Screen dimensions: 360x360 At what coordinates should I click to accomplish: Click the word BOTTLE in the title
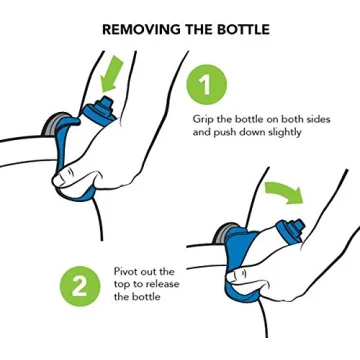pos(238,29)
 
